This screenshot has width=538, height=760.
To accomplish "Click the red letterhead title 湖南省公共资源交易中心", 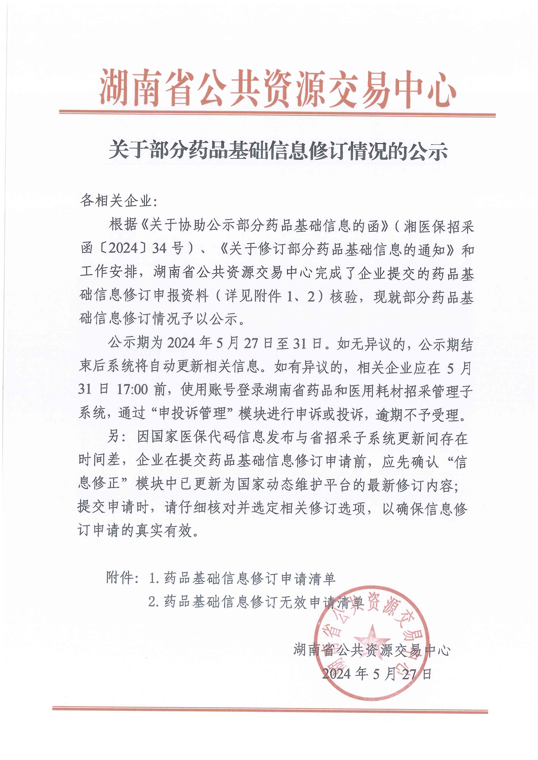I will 278,89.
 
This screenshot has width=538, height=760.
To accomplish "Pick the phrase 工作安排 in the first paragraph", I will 108,272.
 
